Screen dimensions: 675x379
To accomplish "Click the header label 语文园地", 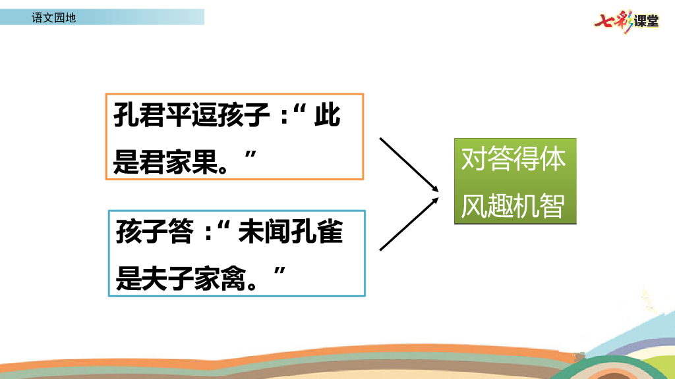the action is pos(54,18).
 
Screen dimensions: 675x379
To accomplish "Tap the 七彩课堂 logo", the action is pos(626,21).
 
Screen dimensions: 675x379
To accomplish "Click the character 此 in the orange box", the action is pos(327,115).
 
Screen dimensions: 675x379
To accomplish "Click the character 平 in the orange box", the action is pos(179,115).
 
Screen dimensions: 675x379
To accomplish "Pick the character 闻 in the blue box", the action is pos(277,232).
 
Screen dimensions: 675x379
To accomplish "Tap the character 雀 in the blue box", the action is pos(330,232).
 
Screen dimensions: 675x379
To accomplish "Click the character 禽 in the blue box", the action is pos(233,278).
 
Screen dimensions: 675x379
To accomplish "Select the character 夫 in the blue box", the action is pos(154,278).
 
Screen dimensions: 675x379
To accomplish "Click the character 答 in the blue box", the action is pos(181,232).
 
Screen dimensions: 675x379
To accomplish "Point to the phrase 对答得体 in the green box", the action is pos(513,159).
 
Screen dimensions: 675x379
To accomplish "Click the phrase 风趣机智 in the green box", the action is pos(513,206).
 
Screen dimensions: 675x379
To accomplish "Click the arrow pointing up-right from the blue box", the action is pos(409,224).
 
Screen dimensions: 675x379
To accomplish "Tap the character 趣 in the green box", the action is pos(500,206).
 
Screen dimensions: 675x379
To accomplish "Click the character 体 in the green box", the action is pos(553,159).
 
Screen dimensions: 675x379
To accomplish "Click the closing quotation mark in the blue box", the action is pos(279,271).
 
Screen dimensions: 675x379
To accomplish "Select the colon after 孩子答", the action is pos(209,233).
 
